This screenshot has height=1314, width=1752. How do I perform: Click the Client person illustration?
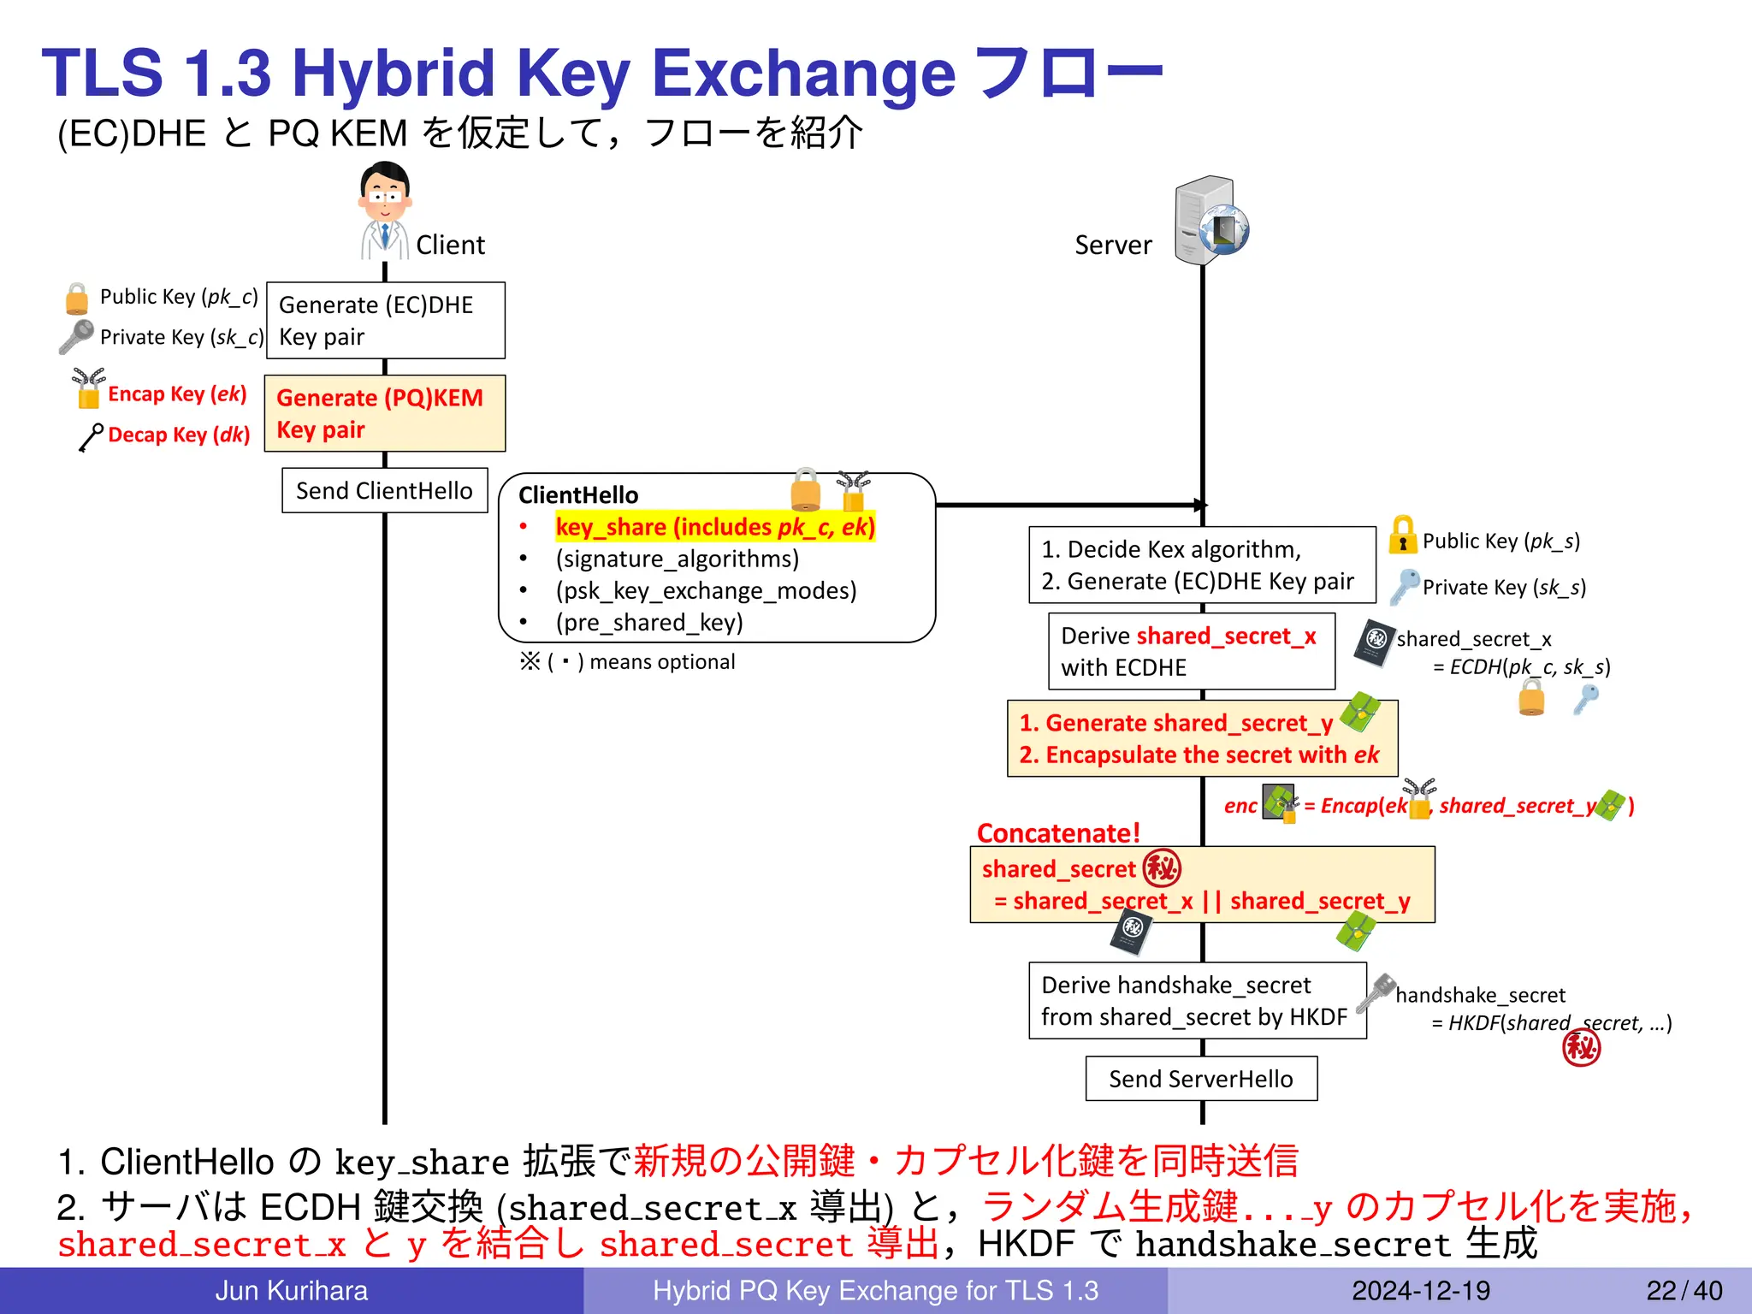click(x=384, y=210)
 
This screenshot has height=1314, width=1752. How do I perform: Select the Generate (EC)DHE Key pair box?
click(x=385, y=321)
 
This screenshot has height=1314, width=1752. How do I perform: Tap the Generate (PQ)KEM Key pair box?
click(x=385, y=413)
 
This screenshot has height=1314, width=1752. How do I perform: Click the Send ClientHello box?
click(x=385, y=490)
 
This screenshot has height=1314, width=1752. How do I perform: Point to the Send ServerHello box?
click(x=1201, y=1079)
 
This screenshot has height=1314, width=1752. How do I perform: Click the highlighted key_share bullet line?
click(x=715, y=527)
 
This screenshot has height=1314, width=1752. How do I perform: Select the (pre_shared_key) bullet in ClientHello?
click(x=648, y=622)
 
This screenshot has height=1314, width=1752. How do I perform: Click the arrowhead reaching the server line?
click(x=1201, y=505)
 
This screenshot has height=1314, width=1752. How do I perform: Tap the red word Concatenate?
click(x=1058, y=832)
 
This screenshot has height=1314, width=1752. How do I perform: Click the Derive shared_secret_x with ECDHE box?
click(x=1191, y=651)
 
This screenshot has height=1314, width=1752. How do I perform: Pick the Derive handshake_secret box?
click(x=1197, y=1001)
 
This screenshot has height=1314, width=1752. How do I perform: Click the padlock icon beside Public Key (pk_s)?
click(x=1402, y=536)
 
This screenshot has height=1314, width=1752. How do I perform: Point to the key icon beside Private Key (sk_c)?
click(x=76, y=336)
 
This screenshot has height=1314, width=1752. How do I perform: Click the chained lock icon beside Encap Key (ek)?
click(x=88, y=388)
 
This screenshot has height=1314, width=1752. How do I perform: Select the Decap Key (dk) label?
click(x=178, y=435)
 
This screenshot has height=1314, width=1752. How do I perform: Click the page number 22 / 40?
click(x=1684, y=1290)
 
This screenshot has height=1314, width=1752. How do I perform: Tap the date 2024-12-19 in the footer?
click(x=1420, y=1290)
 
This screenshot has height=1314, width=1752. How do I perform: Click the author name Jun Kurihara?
click(x=291, y=1290)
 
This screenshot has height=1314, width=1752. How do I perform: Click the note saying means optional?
click(x=627, y=661)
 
